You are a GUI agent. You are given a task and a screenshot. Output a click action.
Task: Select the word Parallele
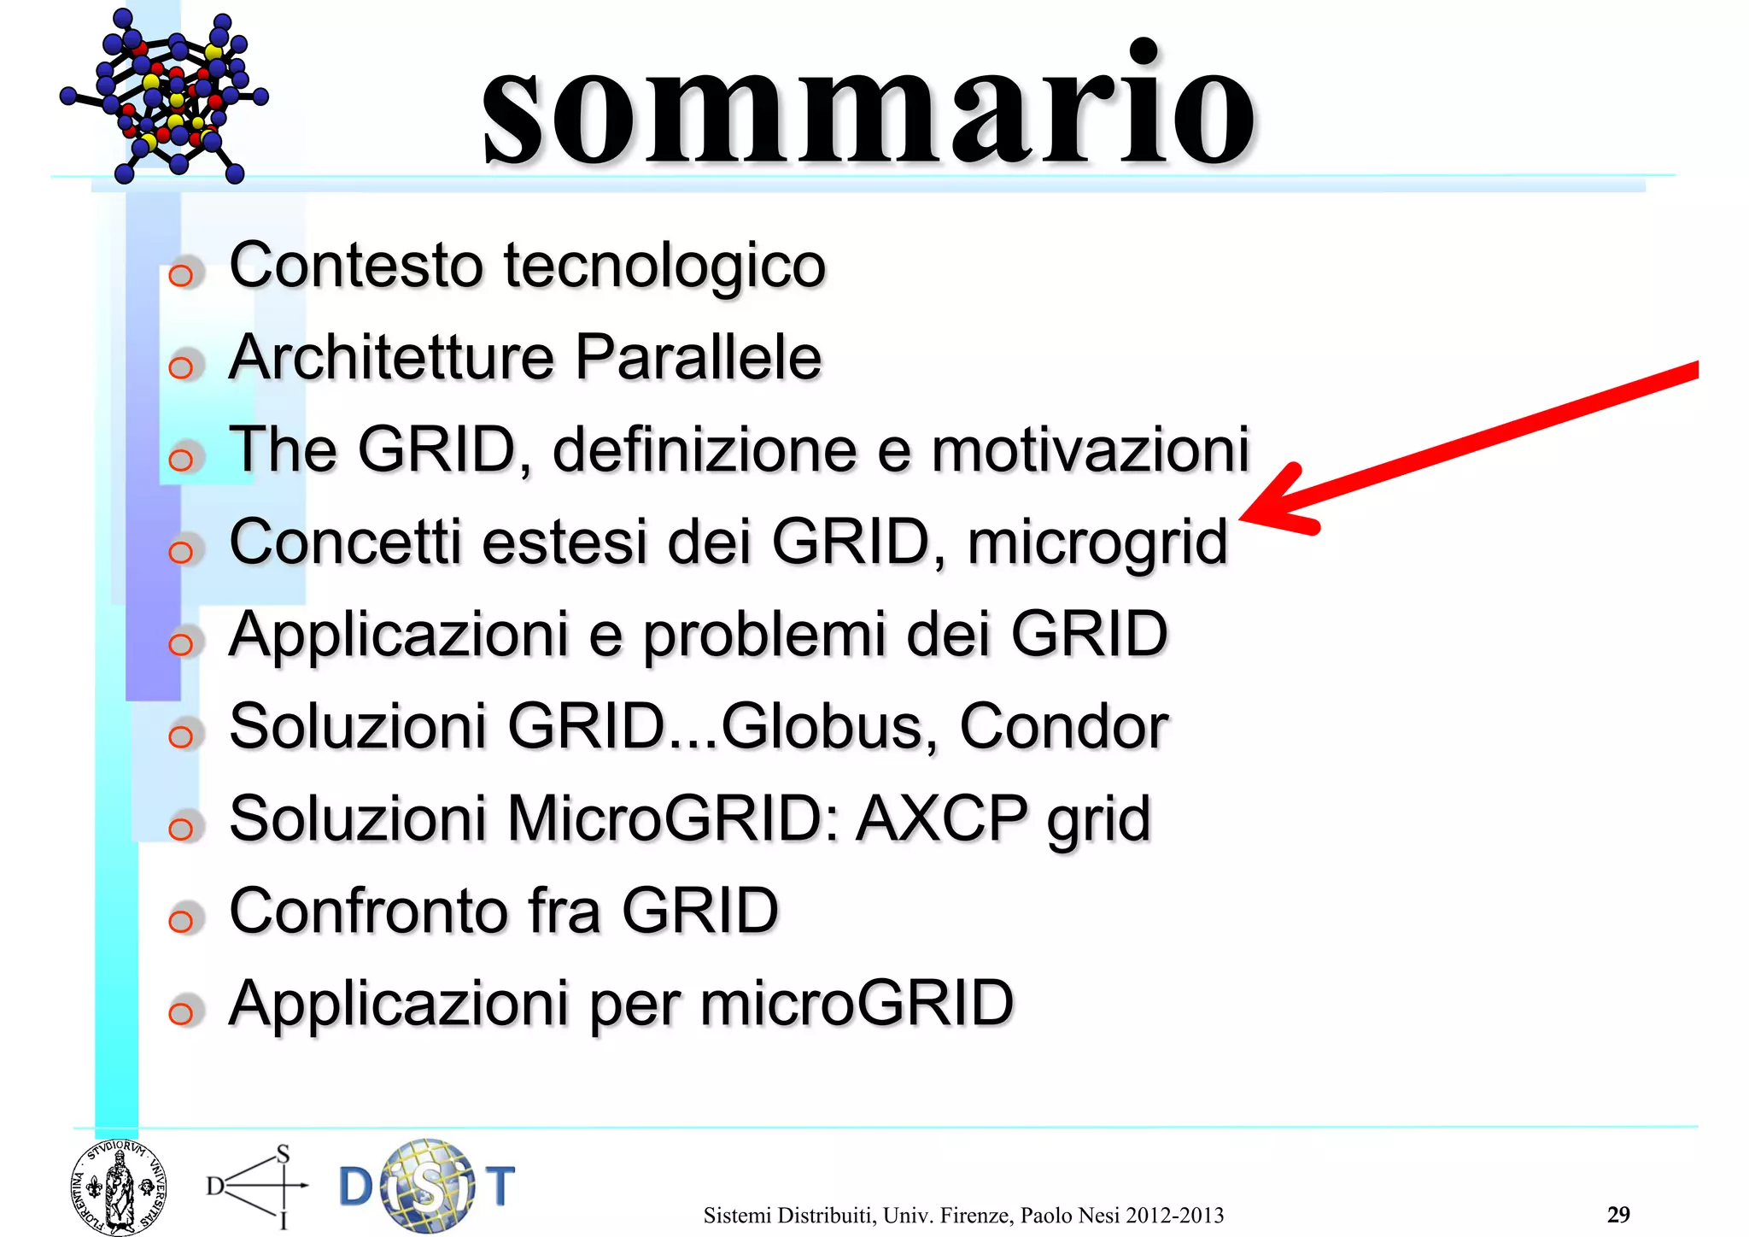pyautogui.click(x=698, y=357)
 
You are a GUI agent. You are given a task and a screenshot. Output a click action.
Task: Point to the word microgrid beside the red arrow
pyautogui.click(x=1097, y=544)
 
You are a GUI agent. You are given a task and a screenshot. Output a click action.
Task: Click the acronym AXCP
pyautogui.click(x=942, y=819)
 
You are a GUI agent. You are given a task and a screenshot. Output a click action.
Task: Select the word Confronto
pyautogui.click(x=370, y=912)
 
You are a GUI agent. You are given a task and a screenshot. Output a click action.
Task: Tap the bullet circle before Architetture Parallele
pyautogui.click(x=181, y=368)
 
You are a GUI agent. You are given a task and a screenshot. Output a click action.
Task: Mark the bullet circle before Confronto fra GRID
pyautogui.click(x=181, y=921)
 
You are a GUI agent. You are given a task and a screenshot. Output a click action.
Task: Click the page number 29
pyautogui.click(x=1617, y=1214)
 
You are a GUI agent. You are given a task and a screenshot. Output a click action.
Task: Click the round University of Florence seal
pyautogui.click(x=118, y=1187)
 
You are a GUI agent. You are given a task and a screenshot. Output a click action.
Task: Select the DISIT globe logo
pyautogui.click(x=427, y=1186)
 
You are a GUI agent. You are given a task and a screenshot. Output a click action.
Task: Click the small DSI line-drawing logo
pyautogui.click(x=256, y=1186)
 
